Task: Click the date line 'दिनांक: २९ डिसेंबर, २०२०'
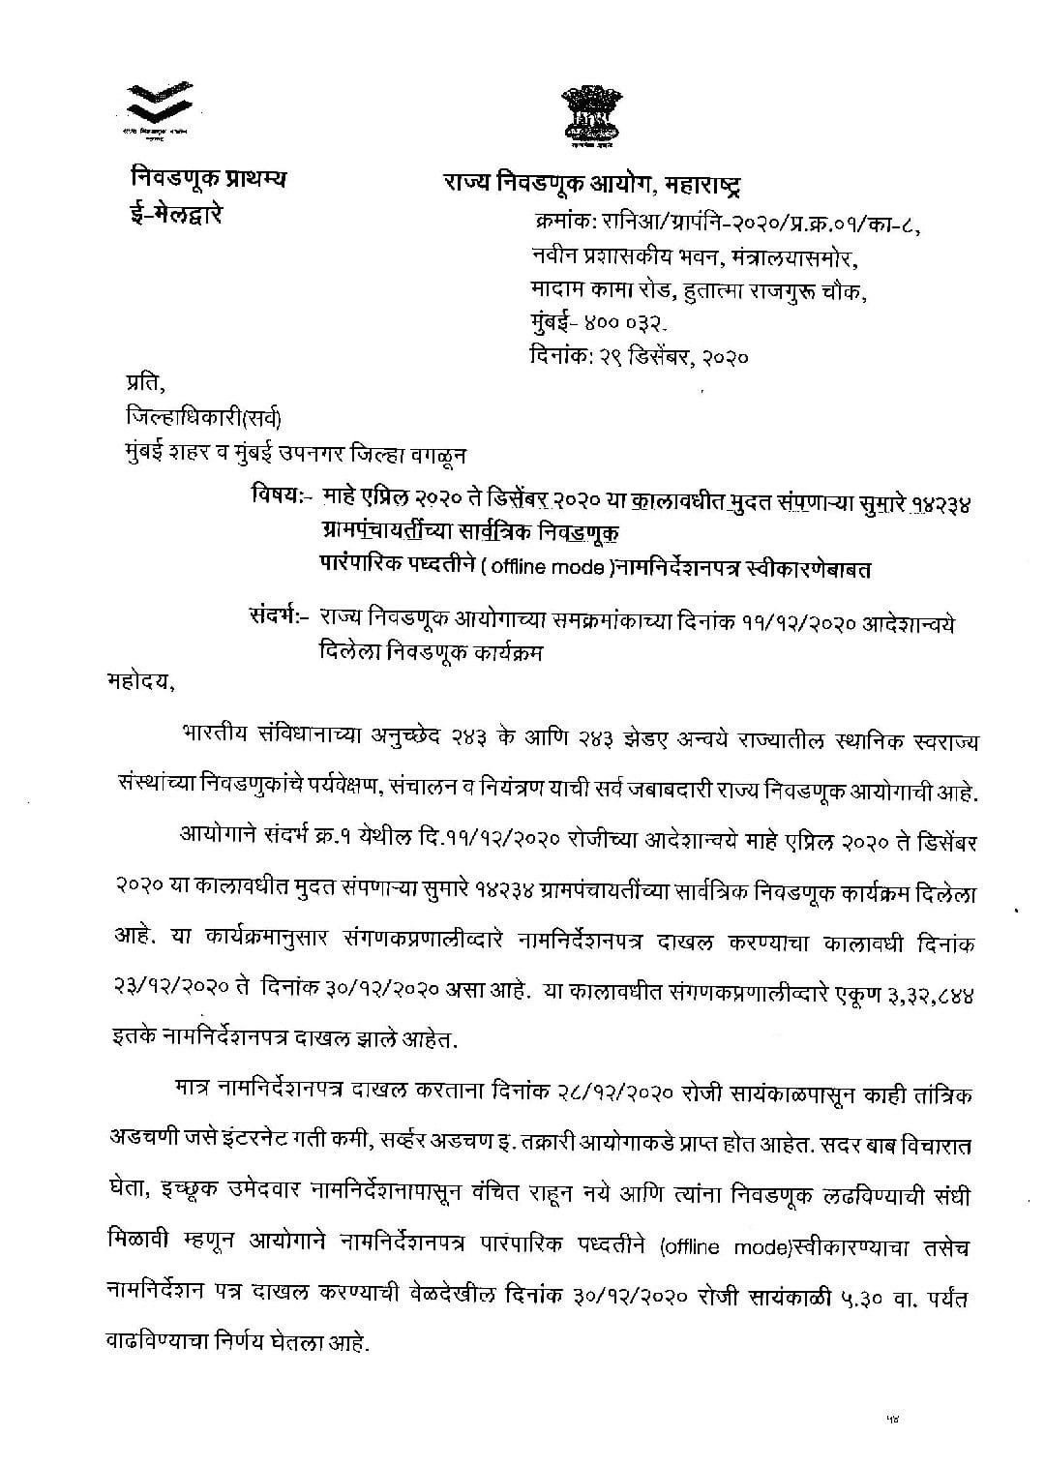pyautogui.click(x=640, y=356)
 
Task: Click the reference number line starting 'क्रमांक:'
pyautogui.click(x=726, y=225)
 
